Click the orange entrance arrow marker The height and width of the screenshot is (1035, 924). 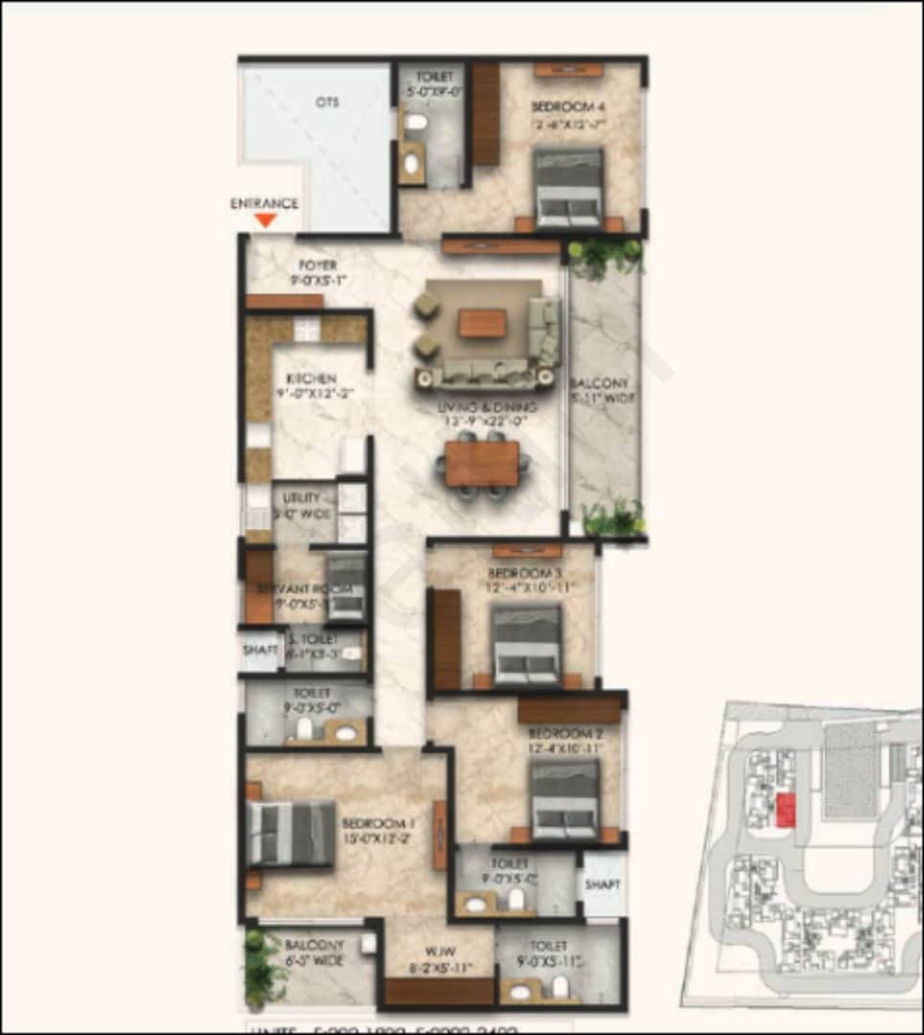pyautogui.click(x=266, y=220)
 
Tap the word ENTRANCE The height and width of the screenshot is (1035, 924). pyautogui.click(x=265, y=203)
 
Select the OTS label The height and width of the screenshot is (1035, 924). pyautogui.click(x=327, y=102)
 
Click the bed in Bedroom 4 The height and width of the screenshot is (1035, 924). pyautogui.click(x=568, y=188)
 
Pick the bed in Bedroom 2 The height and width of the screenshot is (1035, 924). pyautogui.click(x=565, y=800)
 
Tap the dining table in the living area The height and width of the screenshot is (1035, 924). pyautogui.click(x=482, y=464)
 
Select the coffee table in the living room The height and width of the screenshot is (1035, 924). pyautogui.click(x=481, y=323)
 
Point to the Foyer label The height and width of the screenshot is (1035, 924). pyautogui.click(x=316, y=264)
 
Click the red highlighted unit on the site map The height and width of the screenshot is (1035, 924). pyautogui.click(x=785, y=810)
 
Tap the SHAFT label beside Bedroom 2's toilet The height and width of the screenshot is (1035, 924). pyautogui.click(x=603, y=885)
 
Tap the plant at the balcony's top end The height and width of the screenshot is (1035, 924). pyautogui.click(x=604, y=255)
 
